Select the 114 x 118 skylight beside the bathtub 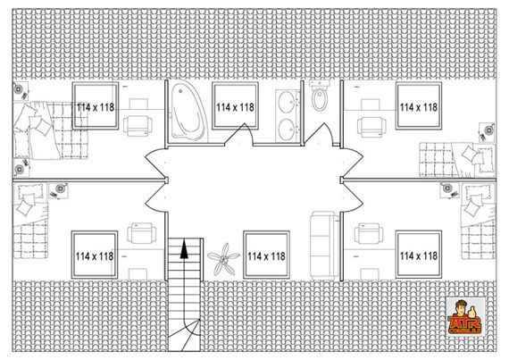(234, 107)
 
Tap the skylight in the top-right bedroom (418, 107)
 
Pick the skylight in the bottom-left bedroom (94, 256)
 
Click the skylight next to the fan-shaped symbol (265, 256)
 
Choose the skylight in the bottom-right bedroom (418, 256)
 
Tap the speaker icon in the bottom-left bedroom (61, 188)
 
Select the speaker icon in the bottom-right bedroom (452, 189)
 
